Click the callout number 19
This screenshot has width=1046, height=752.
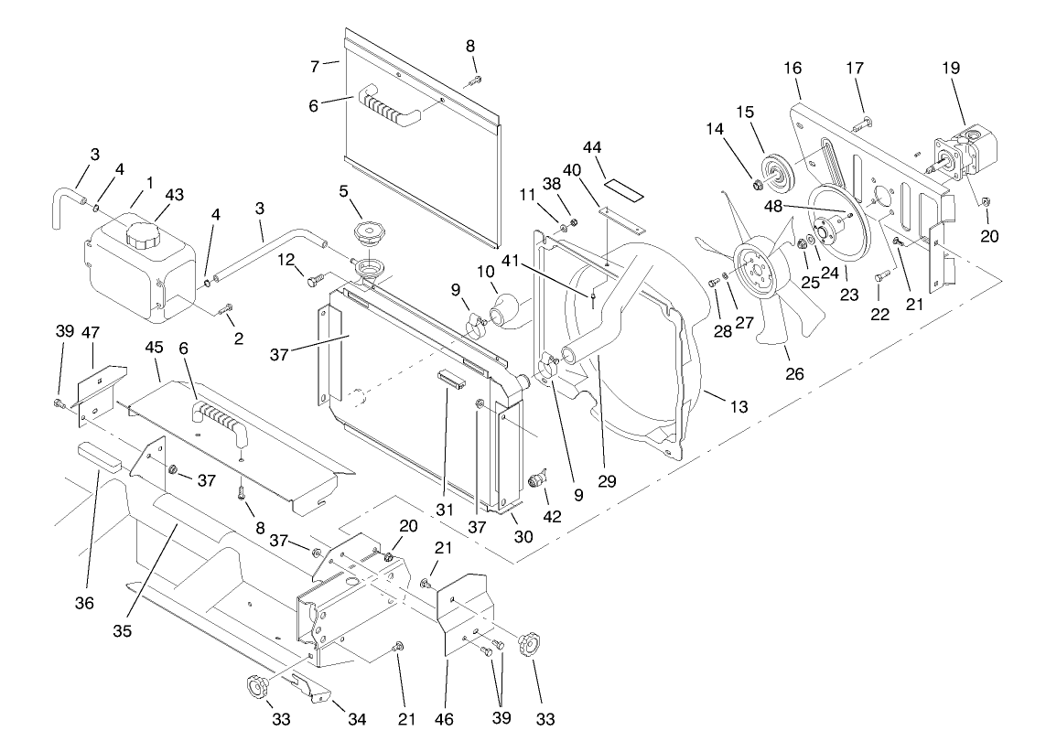(x=952, y=67)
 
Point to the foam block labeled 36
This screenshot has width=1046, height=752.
(x=99, y=455)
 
